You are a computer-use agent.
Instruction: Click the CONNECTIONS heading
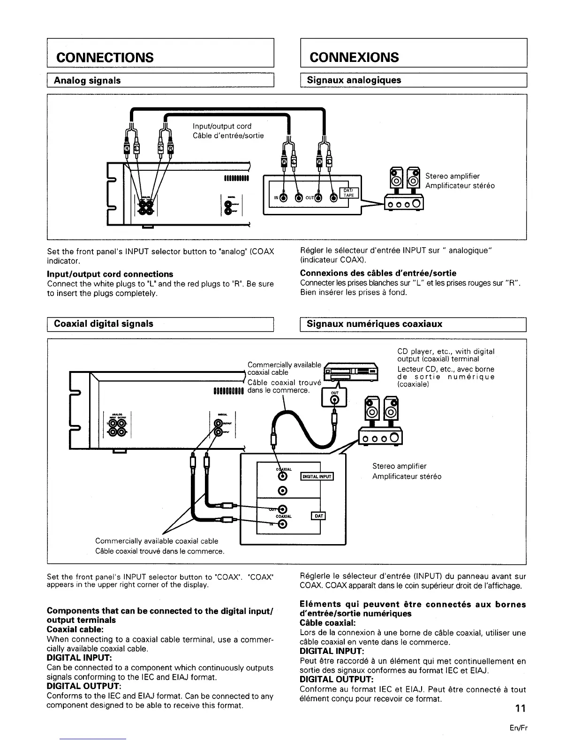(105, 57)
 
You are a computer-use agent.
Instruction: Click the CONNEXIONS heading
(354, 57)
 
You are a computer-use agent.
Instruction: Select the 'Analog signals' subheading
(87, 80)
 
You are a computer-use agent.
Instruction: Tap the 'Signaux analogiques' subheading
(354, 80)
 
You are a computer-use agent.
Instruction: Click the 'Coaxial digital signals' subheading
(104, 324)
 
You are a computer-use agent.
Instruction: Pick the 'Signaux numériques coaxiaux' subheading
(374, 324)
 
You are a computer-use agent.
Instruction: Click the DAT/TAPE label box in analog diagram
(348, 192)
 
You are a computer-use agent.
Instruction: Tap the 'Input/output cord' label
(222, 126)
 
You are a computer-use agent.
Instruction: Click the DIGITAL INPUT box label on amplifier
(317, 477)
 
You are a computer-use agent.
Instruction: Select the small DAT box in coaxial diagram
(318, 516)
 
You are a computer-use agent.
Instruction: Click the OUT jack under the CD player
(334, 399)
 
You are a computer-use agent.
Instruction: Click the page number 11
(521, 708)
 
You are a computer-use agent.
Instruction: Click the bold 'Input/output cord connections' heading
(110, 274)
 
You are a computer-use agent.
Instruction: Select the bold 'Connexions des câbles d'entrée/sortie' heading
(378, 273)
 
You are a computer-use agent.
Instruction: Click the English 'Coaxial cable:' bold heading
(75, 629)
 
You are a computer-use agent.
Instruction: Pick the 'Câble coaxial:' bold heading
(327, 623)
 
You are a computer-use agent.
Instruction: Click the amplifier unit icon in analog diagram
(404, 203)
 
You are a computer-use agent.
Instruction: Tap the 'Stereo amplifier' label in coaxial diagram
(399, 466)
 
